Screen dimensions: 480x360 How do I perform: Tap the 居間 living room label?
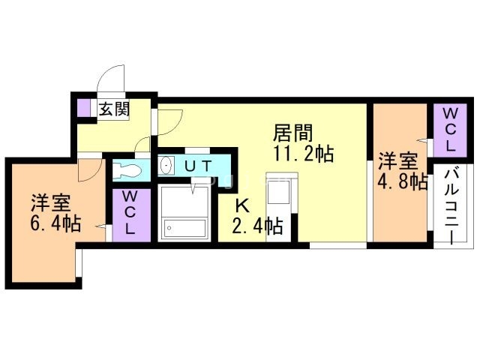pos(293,133)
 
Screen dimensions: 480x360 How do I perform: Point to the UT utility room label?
pos(198,166)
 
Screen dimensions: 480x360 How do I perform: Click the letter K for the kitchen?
pos(242,207)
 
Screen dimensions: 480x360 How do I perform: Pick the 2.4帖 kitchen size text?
pos(256,226)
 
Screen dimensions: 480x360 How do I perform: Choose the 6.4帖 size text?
pos(55,223)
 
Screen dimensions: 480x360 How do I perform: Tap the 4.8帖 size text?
pos(402,182)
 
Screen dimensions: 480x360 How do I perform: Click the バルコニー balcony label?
pos(451,207)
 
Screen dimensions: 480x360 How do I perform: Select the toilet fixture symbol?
pos(127,169)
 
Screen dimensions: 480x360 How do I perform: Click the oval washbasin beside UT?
pos(166,166)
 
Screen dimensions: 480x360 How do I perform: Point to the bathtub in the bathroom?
pos(184,228)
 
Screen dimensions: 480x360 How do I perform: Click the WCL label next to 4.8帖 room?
pos(450,130)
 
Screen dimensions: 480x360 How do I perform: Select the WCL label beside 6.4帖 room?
pos(130,213)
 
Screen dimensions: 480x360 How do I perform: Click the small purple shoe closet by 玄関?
pos(83,108)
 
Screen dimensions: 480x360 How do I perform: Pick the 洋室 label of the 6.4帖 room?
pos(51,202)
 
